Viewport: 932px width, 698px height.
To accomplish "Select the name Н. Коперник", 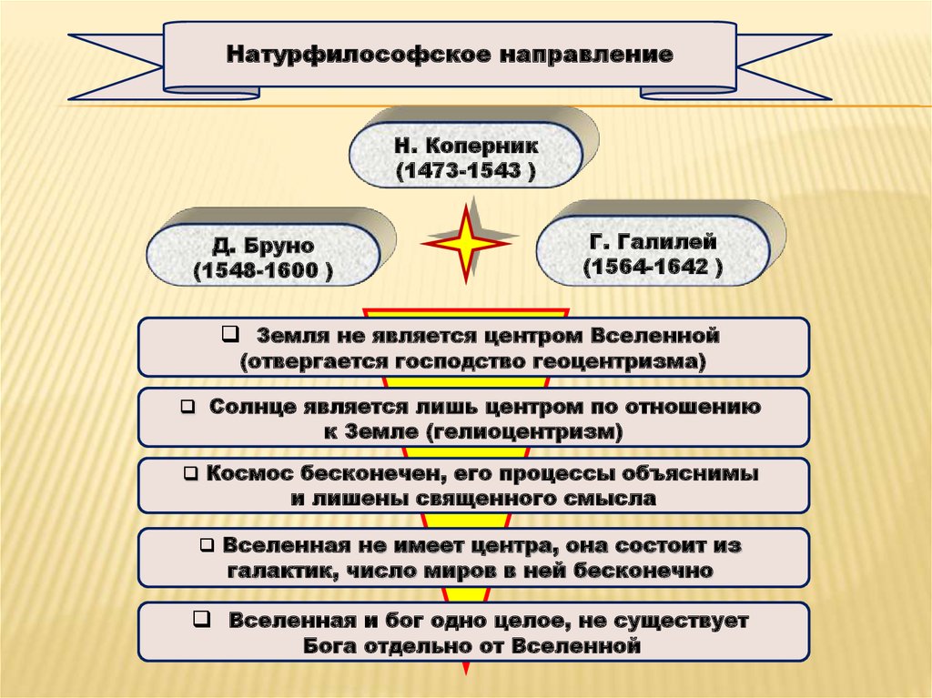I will click(466, 146).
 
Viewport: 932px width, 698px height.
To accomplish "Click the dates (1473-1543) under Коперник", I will click(465, 171).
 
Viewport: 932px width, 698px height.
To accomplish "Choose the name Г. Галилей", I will click(653, 243).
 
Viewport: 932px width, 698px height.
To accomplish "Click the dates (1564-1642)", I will click(653, 268).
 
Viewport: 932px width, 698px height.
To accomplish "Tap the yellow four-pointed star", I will click(465, 243).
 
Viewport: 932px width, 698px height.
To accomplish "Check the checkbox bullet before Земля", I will click(228, 335).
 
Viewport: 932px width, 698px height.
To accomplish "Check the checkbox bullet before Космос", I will click(189, 474).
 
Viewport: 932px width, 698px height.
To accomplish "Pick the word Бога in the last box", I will click(336, 647).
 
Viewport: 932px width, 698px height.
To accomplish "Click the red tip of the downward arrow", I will click(467, 668).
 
